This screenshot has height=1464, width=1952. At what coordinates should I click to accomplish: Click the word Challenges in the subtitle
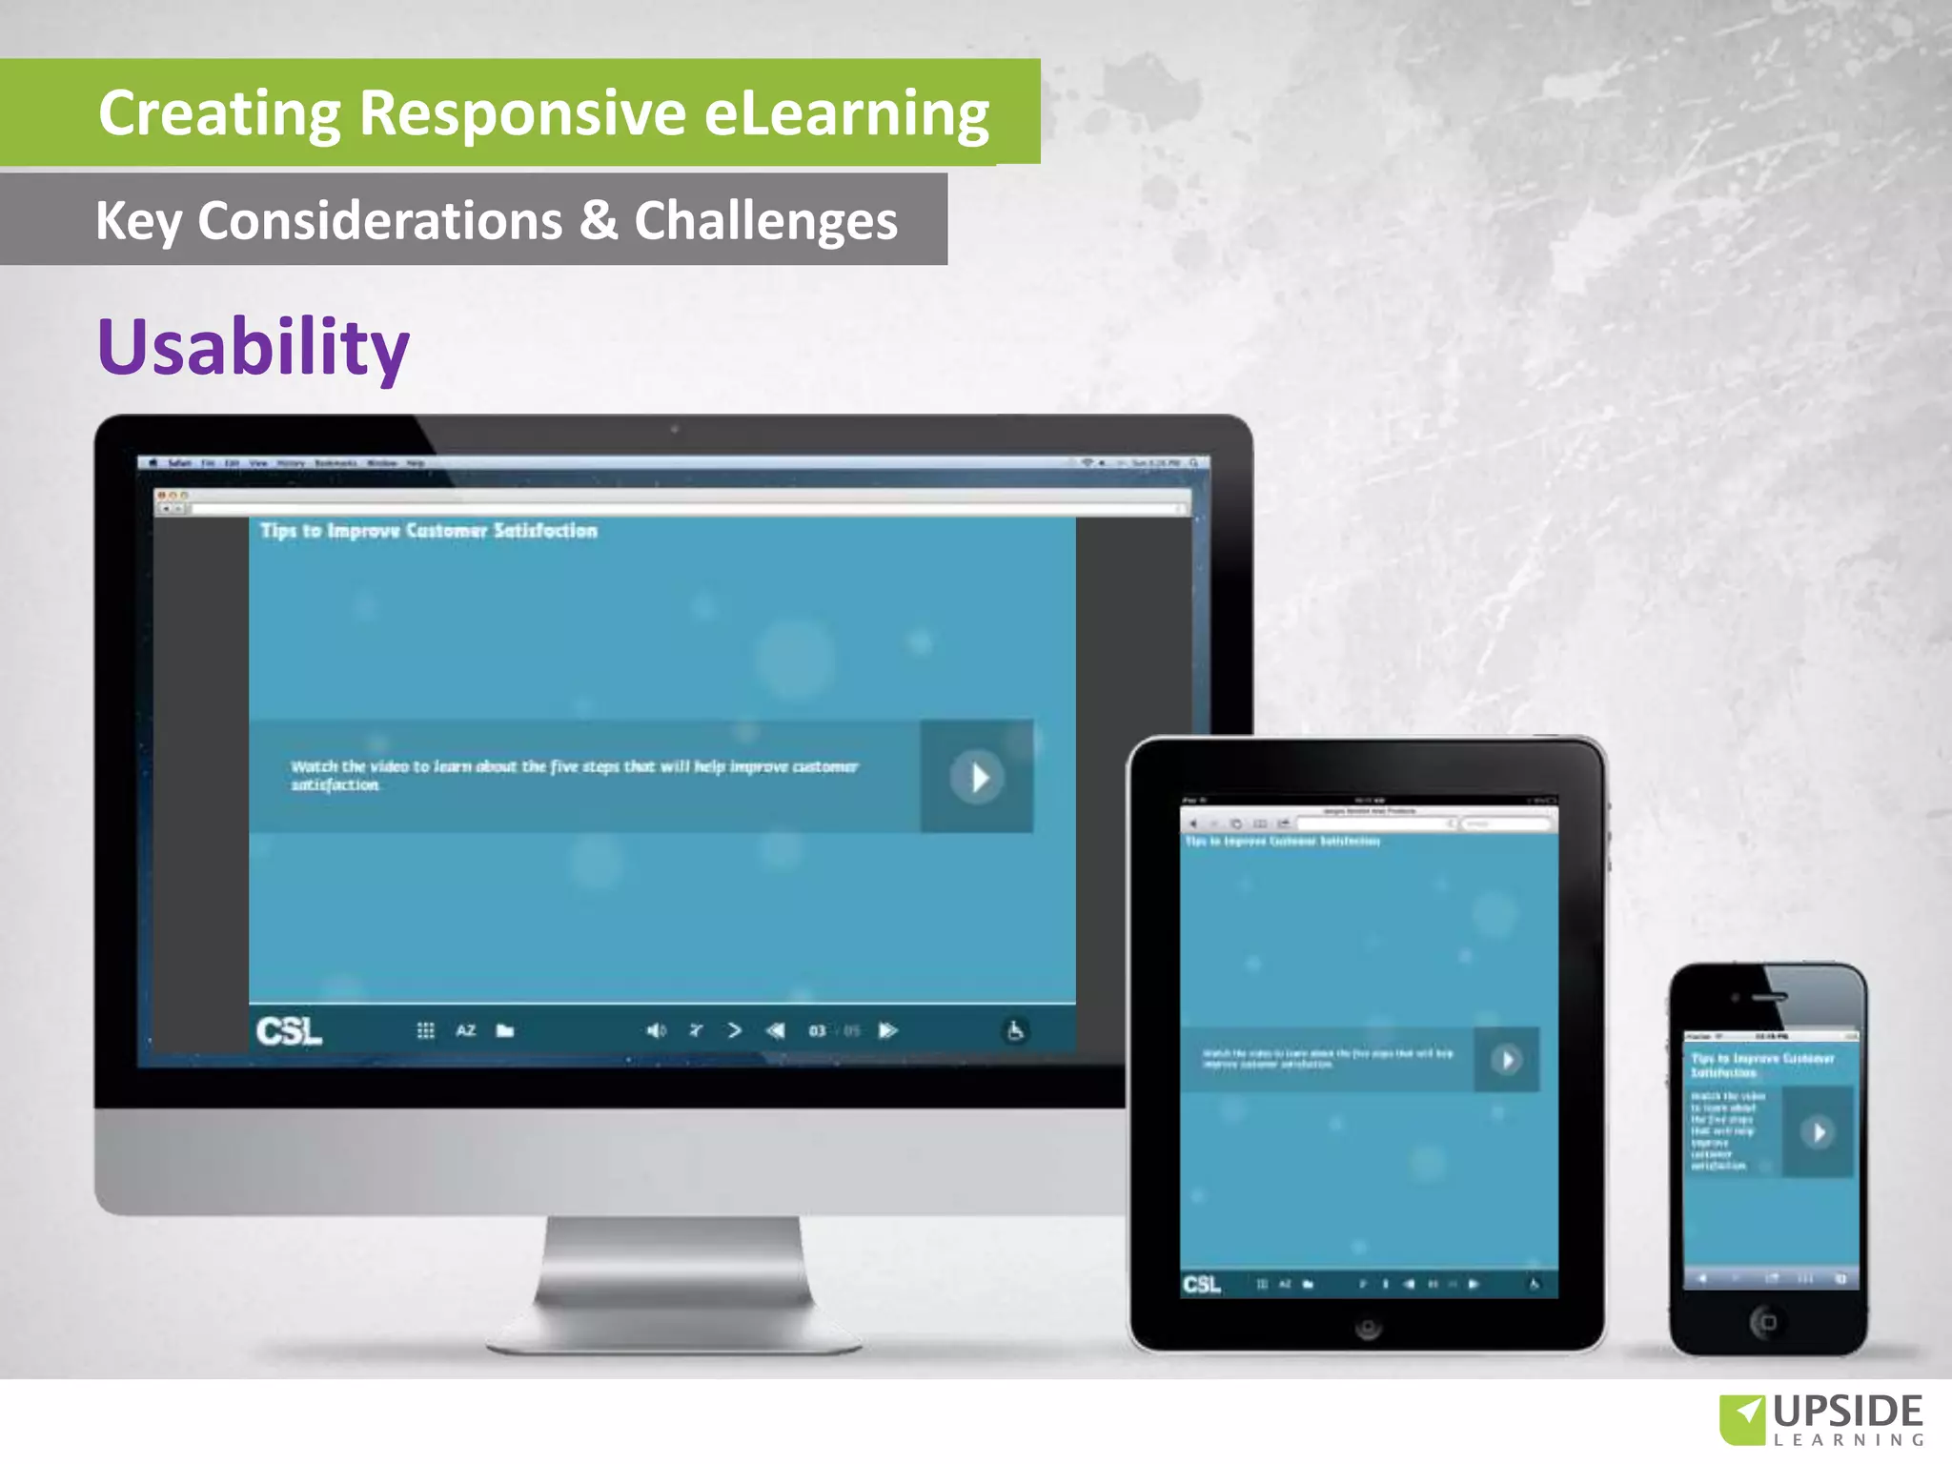[x=765, y=221]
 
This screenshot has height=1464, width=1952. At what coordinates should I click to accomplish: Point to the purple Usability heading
[x=254, y=347]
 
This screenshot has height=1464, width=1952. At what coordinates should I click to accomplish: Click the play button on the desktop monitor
[x=977, y=778]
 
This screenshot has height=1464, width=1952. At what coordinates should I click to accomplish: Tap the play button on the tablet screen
[x=1506, y=1060]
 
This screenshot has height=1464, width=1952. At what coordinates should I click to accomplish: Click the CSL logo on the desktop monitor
[x=289, y=1031]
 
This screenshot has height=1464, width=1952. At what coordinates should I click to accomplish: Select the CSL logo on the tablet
[x=1201, y=1285]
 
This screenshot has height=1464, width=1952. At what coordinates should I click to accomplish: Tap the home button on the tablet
[x=1368, y=1328]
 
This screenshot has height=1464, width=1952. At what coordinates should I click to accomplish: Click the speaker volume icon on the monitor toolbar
[x=656, y=1030]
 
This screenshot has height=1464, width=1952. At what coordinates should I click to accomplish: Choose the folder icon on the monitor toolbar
[x=505, y=1030]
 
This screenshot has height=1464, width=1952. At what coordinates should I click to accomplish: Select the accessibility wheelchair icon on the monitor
[x=1015, y=1030]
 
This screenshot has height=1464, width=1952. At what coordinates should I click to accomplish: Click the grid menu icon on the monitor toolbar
[x=425, y=1030]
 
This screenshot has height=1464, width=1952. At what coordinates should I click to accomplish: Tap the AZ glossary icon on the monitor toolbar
[x=465, y=1030]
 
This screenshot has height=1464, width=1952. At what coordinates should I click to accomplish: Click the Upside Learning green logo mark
[x=1742, y=1418]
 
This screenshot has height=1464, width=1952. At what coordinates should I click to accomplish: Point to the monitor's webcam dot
[x=674, y=430]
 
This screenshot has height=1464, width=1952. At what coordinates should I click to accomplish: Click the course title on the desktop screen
[x=429, y=531]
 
